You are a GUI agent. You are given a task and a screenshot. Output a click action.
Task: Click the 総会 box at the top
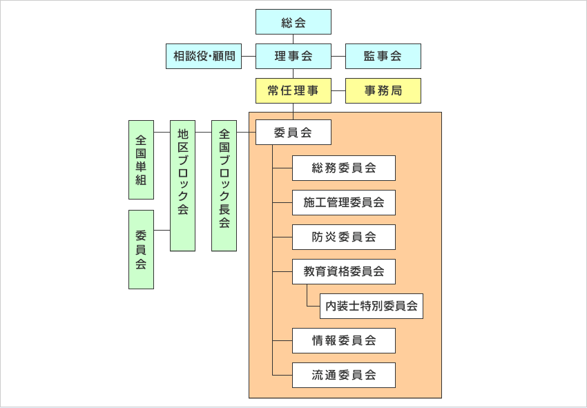click(x=293, y=22)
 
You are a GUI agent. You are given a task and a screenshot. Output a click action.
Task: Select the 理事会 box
click(x=293, y=57)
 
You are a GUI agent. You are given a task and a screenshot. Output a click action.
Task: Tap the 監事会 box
click(x=383, y=57)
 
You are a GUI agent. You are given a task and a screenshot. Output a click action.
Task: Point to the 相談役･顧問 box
click(x=204, y=57)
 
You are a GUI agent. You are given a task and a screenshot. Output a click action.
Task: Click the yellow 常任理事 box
click(x=293, y=91)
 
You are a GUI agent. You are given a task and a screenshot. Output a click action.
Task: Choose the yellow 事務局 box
click(x=383, y=91)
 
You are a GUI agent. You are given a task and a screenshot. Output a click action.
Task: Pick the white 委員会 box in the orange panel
click(x=293, y=133)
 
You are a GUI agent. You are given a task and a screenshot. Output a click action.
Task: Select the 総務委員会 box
click(x=344, y=168)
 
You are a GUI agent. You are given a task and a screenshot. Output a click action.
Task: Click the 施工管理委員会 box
click(x=344, y=202)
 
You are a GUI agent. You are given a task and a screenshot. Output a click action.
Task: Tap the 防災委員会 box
click(x=344, y=237)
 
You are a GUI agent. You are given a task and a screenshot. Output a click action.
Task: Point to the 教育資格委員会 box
click(x=344, y=271)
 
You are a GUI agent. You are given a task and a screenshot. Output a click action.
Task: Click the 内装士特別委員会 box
click(x=372, y=306)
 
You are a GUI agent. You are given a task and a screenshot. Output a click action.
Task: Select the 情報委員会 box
click(x=344, y=340)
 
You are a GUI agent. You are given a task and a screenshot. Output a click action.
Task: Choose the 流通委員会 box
click(x=344, y=375)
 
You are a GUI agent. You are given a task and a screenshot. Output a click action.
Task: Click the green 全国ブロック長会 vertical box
click(x=224, y=186)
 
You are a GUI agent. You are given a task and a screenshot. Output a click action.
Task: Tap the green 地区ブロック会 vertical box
click(x=182, y=186)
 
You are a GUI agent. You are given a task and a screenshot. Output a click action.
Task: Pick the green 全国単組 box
click(x=141, y=160)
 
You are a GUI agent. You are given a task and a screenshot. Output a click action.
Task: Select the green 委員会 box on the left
click(x=141, y=249)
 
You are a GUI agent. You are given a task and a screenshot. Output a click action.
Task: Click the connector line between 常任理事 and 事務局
click(x=338, y=90)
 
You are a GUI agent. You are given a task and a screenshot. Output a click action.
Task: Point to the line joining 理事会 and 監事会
click(x=338, y=56)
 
